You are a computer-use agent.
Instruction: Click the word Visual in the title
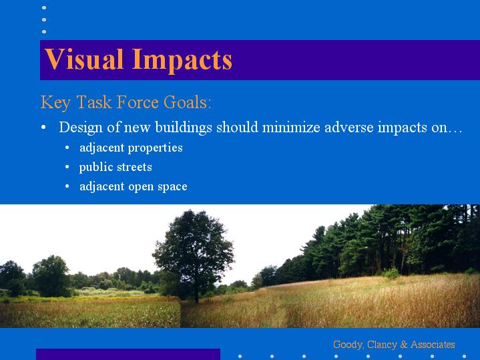click(x=84, y=59)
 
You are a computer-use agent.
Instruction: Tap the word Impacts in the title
click(x=182, y=61)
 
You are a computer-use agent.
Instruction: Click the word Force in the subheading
click(x=138, y=102)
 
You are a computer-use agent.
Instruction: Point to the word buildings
click(x=184, y=127)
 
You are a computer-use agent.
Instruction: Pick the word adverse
click(x=349, y=127)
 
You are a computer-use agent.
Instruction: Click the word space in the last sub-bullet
click(x=172, y=187)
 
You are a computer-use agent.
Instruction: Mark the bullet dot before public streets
click(x=67, y=167)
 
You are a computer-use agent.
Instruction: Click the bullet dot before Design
click(x=43, y=127)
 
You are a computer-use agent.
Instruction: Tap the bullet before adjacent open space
click(x=67, y=186)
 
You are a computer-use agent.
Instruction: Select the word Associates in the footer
click(x=433, y=345)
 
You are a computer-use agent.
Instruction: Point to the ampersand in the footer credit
click(x=404, y=345)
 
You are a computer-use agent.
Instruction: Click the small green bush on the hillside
click(x=391, y=273)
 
